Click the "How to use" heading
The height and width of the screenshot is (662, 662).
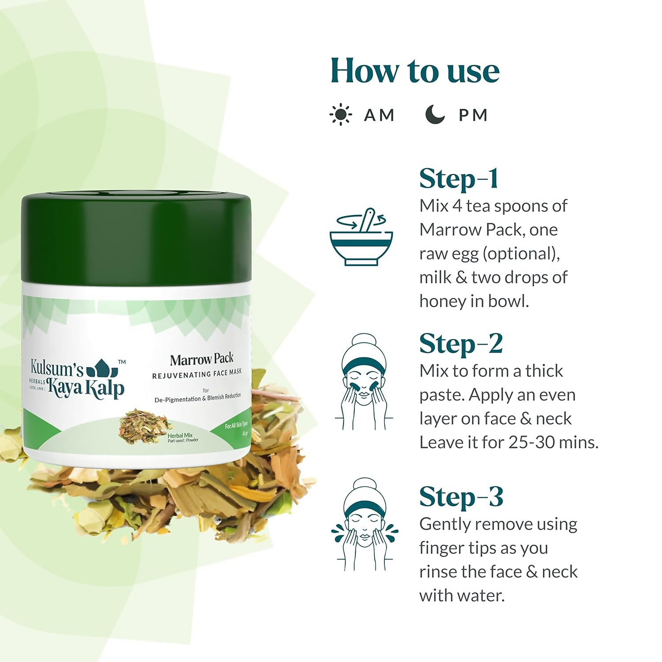pyautogui.click(x=415, y=71)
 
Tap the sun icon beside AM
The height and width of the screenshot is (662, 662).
pyautogui.click(x=340, y=115)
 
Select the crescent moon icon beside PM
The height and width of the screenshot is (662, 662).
pyautogui.click(x=435, y=114)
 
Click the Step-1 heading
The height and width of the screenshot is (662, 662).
pyautogui.click(x=459, y=179)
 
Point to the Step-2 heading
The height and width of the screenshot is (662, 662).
pyautogui.click(x=461, y=344)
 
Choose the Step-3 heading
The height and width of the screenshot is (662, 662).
pyautogui.click(x=461, y=497)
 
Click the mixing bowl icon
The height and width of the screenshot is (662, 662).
pyautogui.click(x=361, y=238)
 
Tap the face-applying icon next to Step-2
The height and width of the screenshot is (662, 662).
pyautogui.click(x=364, y=382)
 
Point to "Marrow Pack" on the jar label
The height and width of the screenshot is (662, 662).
pyautogui.click(x=202, y=360)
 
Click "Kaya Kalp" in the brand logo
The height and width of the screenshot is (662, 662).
pyautogui.click(x=86, y=388)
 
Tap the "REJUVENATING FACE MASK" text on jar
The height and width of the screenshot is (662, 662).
pyautogui.click(x=197, y=374)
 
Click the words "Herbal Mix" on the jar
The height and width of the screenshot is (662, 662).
pyautogui.click(x=180, y=435)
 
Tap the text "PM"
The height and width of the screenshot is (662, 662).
pyautogui.click(x=473, y=115)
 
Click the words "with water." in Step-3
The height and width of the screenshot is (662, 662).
pyautogui.click(x=462, y=596)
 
